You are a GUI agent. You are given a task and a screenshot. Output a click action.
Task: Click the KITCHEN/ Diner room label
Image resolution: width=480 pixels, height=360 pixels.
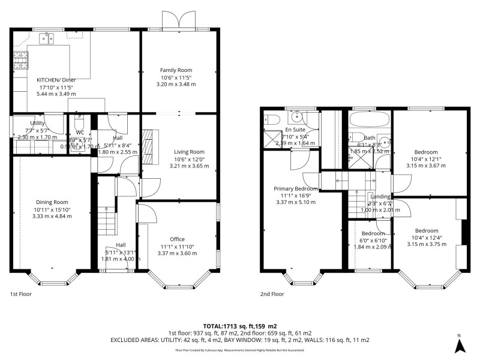[56, 80]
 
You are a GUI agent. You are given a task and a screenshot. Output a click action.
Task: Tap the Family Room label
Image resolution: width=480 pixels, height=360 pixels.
[176, 70]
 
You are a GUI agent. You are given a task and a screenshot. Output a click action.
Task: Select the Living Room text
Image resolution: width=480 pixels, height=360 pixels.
[189, 152]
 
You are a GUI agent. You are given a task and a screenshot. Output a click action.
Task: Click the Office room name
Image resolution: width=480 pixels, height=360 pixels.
[177, 239]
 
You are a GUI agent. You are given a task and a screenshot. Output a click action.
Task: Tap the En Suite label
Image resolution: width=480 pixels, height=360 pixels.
[294, 129]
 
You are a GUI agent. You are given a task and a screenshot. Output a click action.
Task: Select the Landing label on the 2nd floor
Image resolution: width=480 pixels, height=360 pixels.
[380, 196]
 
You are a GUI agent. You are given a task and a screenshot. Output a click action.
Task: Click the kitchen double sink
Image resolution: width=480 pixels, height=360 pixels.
[46, 39]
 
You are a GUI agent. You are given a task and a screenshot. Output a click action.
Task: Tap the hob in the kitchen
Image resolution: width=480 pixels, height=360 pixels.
[19, 61]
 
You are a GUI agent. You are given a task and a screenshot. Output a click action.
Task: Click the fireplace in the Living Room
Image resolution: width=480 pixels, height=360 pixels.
[148, 146]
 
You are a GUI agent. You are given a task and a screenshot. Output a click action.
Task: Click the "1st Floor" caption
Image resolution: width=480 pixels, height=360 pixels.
[22, 295]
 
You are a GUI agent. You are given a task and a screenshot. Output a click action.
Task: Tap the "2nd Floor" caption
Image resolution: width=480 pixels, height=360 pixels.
[272, 295]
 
